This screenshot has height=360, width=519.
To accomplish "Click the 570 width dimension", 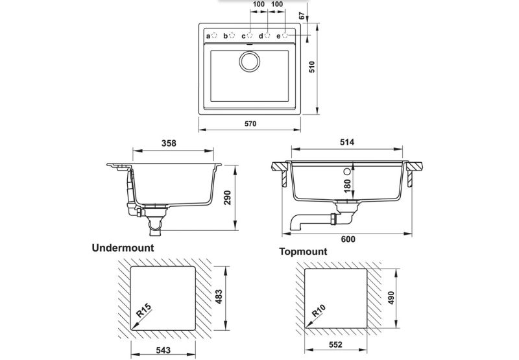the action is pyautogui.click(x=250, y=124).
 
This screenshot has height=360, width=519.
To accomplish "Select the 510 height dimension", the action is pyautogui.click(x=312, y=67).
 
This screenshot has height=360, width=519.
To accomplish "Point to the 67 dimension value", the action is pyautogui.click(x=302, y=16).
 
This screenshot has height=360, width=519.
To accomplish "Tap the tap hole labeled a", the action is pyautogui.click(x=214, y=35).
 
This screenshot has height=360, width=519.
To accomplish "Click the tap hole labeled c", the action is pyautogui.click(x=250, y=35).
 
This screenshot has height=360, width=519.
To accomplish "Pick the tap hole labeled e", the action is pyautogui.click(x=285, y=35).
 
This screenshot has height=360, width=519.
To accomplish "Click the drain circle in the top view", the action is pyautogui.click(x=250, y=62).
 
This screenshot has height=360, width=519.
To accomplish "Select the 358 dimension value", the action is pyautogui.click(x=169, y=143).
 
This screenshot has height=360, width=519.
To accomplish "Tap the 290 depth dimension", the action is pyautogui.click(x=228, y=198).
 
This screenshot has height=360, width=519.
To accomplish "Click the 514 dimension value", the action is pyautogui.click(x=347, y=142).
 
